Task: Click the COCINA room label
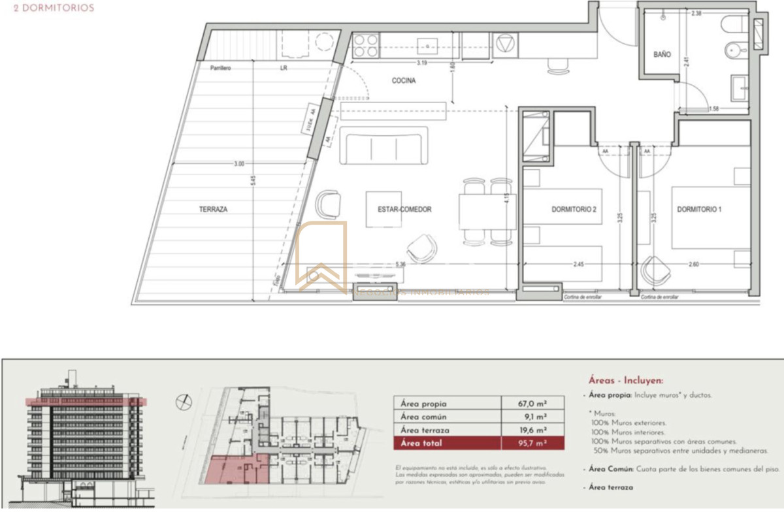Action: coord(404,81)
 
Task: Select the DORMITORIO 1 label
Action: coord(699,210)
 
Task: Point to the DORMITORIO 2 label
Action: coord(575,210)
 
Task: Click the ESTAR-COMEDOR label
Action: coord(404,210)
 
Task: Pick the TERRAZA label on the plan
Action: coord(213,210)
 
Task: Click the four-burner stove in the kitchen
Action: coord(365,45)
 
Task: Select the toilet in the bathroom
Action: coord(736,26)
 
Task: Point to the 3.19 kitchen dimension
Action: coord(422,63)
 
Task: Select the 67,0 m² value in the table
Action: coord(532,404)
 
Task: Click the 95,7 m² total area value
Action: coord(532,443)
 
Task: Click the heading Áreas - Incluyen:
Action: coord(624,380)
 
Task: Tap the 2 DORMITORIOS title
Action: coord(54,8)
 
